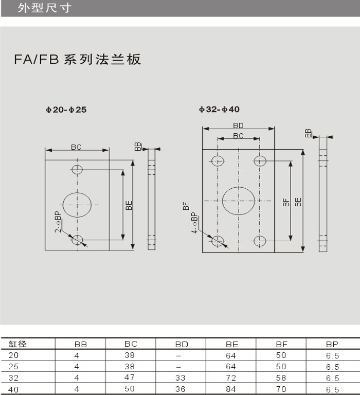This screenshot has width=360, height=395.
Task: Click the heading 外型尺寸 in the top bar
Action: pyautogui.click(x=45, y=8)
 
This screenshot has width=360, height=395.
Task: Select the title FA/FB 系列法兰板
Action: pyautogui.click(x=77, y=60)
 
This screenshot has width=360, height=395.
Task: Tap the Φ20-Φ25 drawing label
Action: pyautogui.click(x=66, y=110)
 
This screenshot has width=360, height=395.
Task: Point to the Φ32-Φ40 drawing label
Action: pyautogui.click(x=219, y=110)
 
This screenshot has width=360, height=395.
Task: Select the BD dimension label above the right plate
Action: pyautogui.click(x=238, y=125)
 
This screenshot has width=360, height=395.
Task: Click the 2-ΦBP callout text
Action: pyautogui.click(x=58, y=222)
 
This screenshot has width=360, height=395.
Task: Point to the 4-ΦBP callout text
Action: pyautogui.click(x=194, y=223)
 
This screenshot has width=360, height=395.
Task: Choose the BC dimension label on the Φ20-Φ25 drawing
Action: pyautogui.click(x=76, y=147)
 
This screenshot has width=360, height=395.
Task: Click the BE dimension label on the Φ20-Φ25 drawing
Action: pyautogui.click(x=129, y=205)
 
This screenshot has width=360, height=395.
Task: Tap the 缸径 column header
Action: pyautogui.click(x=17, y=344)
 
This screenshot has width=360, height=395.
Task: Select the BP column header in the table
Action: pyautogui.click(x=332, y=344)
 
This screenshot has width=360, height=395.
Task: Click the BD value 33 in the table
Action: pyautogui.click(x=181, y=378)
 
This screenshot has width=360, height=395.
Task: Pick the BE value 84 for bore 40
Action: pyautogui.click(x=231, y=389)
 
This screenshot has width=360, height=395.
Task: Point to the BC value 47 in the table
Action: pyautogui.click(x=130, y=378)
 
